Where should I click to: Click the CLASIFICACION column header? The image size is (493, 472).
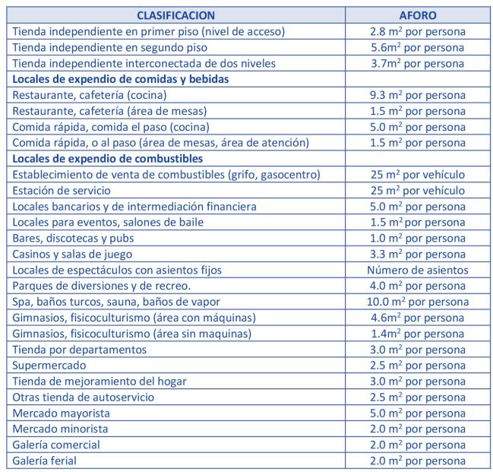pos(176,15)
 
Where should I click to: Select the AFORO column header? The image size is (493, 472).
pos(417,15)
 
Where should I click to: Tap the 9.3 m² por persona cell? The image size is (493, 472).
pos(417,95)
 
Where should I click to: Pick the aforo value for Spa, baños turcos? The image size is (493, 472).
pos(417,302)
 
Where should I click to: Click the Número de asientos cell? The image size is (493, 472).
pos(417,270)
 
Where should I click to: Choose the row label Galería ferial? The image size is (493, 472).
pos(45,461)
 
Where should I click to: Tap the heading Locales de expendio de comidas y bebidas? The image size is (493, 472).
pos(119,79)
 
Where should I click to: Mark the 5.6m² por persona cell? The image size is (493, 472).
pos(417,47)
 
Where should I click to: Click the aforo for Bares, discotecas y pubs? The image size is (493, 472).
pos(417,238)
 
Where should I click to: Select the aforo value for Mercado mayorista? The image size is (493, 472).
pos(417,413)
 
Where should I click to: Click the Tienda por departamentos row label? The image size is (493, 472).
pos(80,349)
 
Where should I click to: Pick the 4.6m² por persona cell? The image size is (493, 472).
pos(417,318)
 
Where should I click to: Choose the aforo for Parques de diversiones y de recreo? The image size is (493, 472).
pos(417,286)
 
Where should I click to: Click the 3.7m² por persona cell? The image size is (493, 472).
pos(417,63)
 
